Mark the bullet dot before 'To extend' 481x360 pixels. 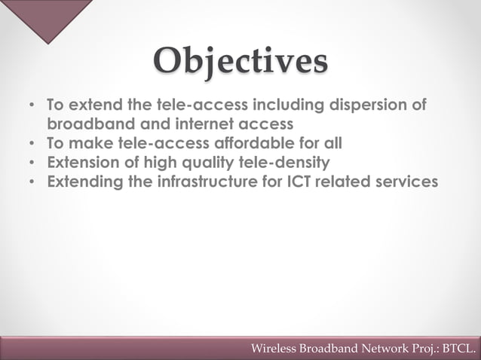point(30,104)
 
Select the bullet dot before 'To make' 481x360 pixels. point(30,142)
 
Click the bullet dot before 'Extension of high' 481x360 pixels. point(30,162)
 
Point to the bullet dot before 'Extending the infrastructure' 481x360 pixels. point(30,182)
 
